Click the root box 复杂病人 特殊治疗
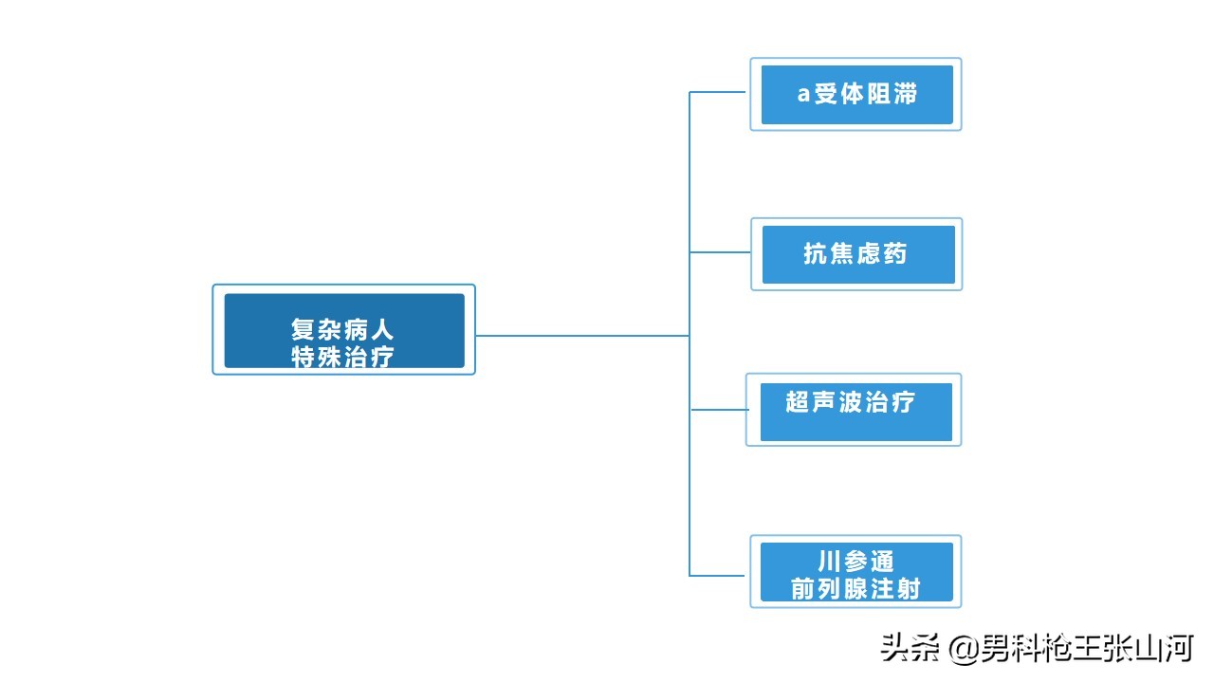coord(343,330)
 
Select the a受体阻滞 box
coord(856,94)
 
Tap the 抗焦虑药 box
coord(856,254)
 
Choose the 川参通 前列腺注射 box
coord(855,572)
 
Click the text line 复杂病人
coord(342,330)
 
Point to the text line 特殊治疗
coord(342,358)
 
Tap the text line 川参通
coord(855,562)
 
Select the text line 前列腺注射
coord(855,589)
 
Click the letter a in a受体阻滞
coord(803,95)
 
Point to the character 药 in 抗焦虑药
coord(895,253)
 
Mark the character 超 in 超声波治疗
coord(798,401)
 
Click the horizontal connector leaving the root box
coord(580,335)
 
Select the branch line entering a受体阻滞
coord(719,92)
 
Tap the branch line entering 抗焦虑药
coord(720,252)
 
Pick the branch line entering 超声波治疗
coord(718,410)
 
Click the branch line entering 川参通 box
coord(719,575)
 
